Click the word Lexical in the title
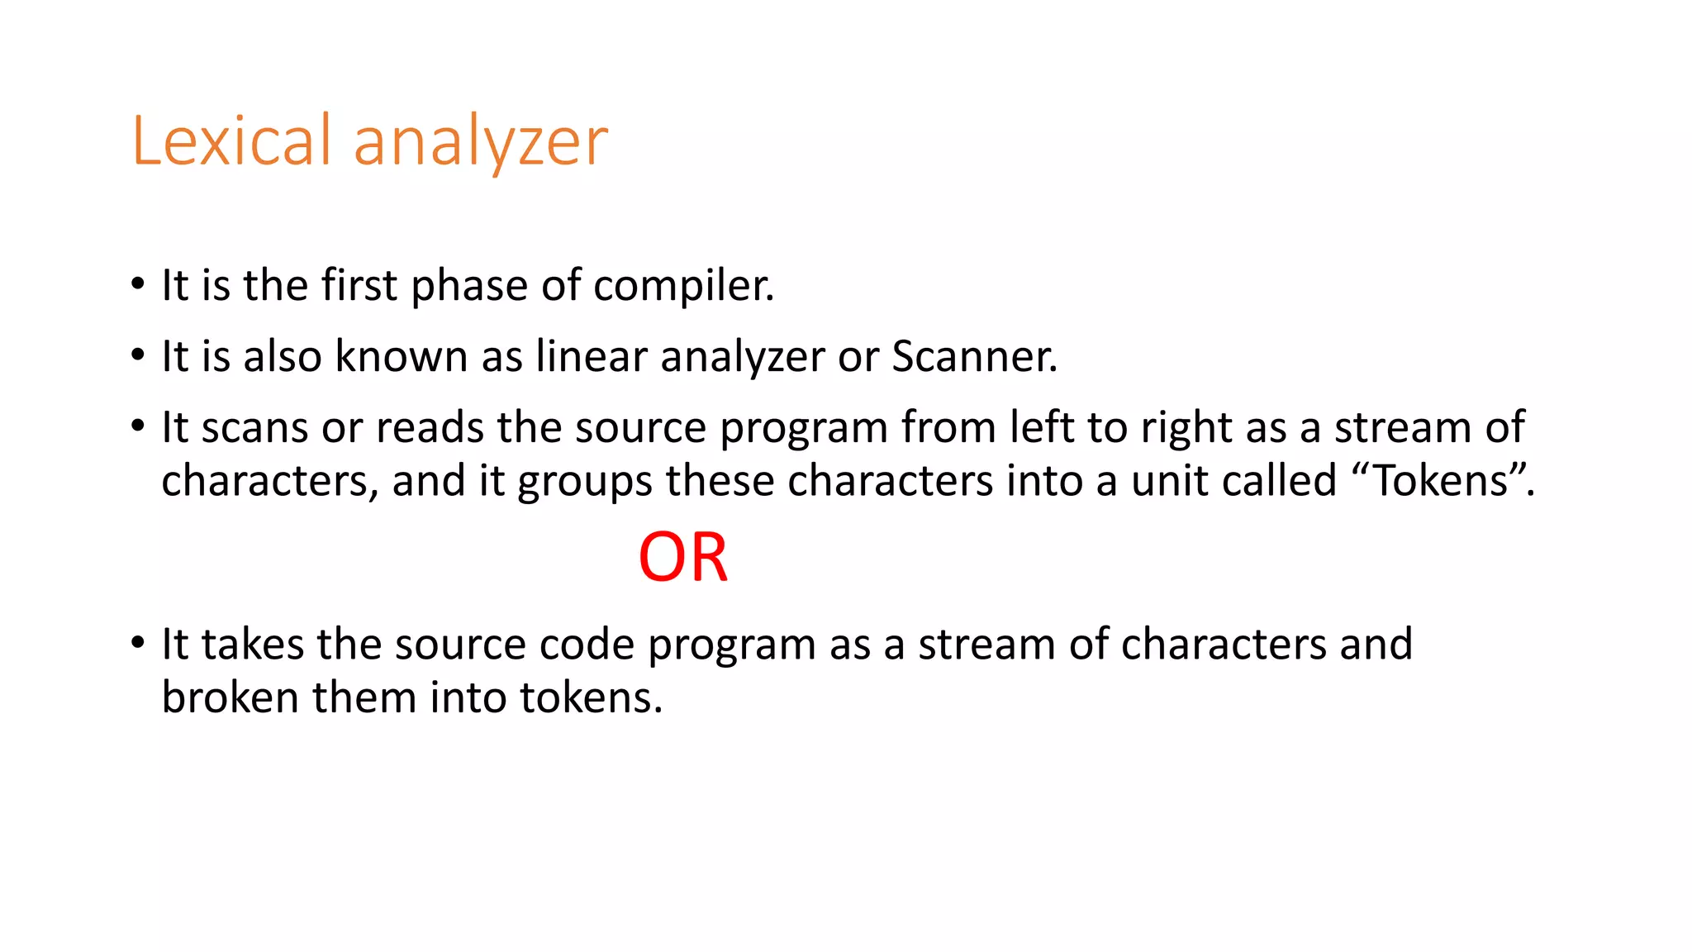tap(231, 141)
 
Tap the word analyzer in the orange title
tap(481, 143)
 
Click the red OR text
tap(683, 558)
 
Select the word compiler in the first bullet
tap(683, 286)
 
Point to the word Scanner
tap(974, 357)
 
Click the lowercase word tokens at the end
tap(591, 697)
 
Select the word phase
tap(468, 286)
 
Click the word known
tap(401, 357)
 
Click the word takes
tap(252, 645)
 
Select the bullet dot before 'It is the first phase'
tap(137, 286)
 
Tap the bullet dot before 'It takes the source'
tap(137, 643)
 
